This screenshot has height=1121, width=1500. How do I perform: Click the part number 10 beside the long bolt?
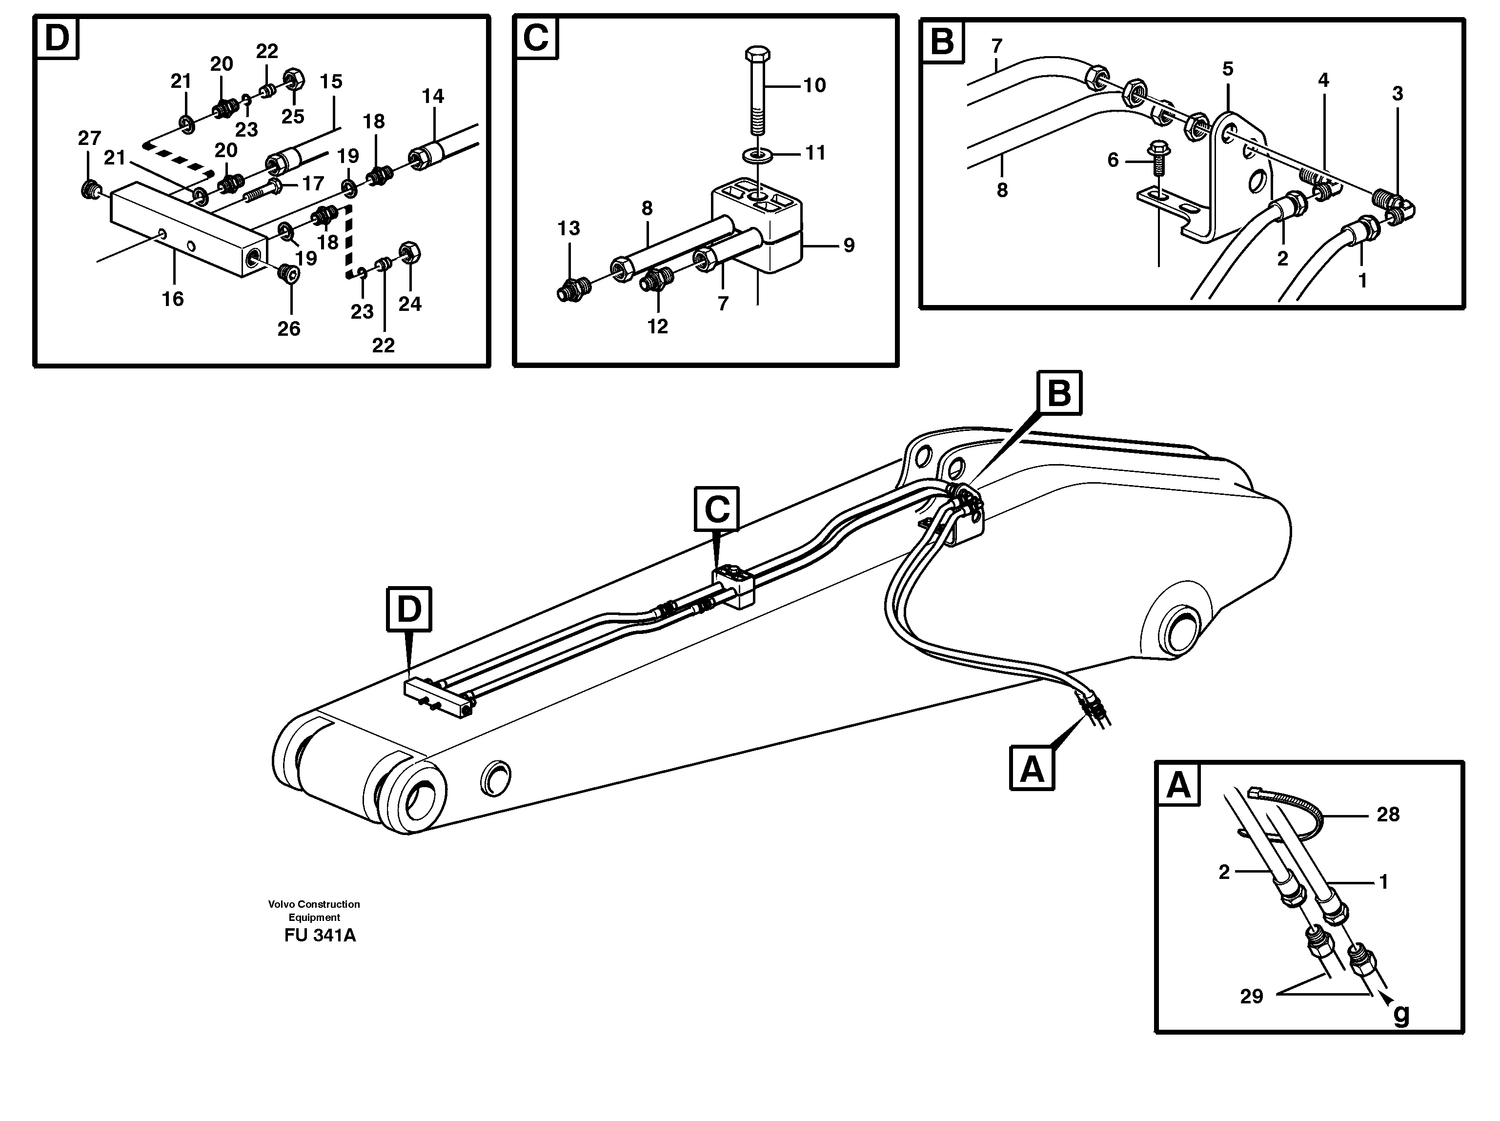pyautogui.click(x=814, y=85)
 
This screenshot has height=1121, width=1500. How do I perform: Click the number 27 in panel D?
pyautogui.click(x=89, y=138)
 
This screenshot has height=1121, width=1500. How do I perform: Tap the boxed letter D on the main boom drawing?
pyautogui.click(x=409, y=609)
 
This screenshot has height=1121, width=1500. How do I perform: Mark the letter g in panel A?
pyautogui.click(x=1401, y=1033)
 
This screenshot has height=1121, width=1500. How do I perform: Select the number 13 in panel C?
pyautogui.click(x=569, y=228)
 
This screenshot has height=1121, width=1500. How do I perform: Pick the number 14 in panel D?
pyautogui.click(x=433, y=96)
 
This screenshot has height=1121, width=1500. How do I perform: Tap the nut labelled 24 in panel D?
pyautogui.click(x=409, y=253)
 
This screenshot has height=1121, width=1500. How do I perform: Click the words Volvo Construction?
pyautogui.click(x=314, y=904)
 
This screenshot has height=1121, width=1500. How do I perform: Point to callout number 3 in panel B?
pyautogui.click(x=1398, y=94)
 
